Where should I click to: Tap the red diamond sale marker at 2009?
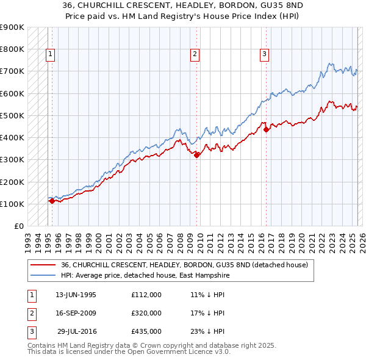pos(197,155)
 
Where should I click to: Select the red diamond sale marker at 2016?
pos(267,129)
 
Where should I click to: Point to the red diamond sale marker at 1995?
pos(52,201)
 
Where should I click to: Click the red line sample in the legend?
pos(43,265)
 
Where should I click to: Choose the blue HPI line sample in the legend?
pos(43,275)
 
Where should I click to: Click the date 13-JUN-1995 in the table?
pos(76,295)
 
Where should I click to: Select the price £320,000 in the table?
pos(146,313)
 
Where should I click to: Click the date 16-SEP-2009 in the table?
pos(76,313)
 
